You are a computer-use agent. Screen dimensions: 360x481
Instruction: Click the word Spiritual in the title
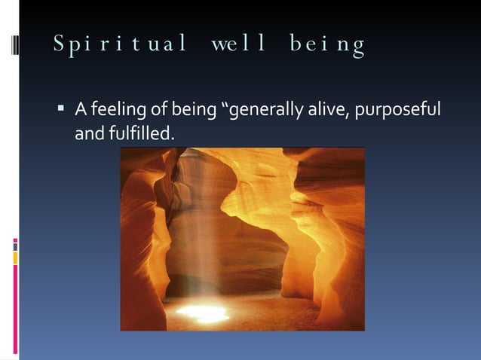[120, 45]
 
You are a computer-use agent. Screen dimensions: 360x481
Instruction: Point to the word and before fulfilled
[87, 133]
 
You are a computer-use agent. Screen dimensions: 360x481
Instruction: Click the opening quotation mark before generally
[222, 108]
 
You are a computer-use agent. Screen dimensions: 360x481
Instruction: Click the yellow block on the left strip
[15, 258]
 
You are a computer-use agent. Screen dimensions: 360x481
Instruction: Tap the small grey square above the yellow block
[15, 247]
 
